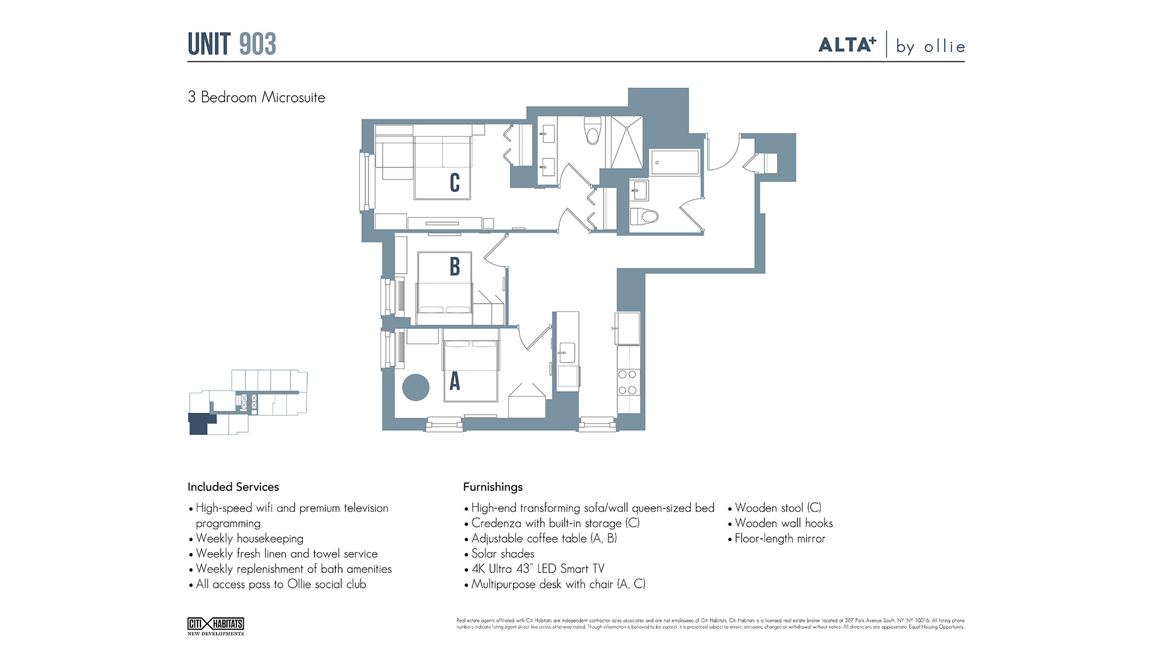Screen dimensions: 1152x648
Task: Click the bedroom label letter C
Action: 455,183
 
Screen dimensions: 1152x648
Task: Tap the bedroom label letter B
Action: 455,266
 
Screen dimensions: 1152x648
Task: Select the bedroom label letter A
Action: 455,381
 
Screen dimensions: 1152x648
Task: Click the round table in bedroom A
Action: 415,388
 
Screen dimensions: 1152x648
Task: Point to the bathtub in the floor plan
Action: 675,162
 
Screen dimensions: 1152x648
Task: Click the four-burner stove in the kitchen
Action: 628,382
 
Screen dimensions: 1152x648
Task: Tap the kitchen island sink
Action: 566,353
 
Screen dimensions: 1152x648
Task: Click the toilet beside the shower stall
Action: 593,131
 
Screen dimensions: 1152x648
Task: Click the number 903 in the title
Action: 257,44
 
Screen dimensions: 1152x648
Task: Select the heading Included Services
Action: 233,487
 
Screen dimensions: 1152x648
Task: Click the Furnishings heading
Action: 493,487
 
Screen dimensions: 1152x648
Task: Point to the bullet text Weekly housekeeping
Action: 250,538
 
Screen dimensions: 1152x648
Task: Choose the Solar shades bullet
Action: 502,553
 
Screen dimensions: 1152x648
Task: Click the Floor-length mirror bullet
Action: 780,538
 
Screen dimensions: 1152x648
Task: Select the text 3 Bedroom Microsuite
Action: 256,97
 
